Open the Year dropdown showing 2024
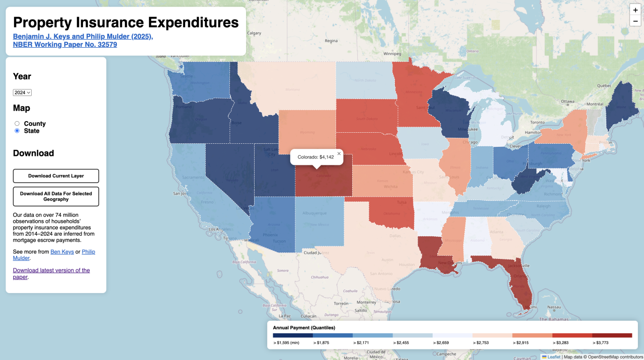[x=22, y=93]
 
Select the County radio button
[x=17, y=123]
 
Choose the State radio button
[x=17, y=131]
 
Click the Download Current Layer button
[x=56, y=176]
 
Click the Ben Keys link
[x=62, y=251]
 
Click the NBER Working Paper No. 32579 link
[x=65, y=44]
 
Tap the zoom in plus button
[x=635, y=10]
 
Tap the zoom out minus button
[x=635, y=22]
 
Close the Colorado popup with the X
[x=339, y=154]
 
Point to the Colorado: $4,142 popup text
[x=315, y=157]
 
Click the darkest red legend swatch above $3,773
[x=612, y=335]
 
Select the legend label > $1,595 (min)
[x=287, y=343]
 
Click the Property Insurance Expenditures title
[x=126, y=22]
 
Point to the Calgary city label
[x=254, y=33]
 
